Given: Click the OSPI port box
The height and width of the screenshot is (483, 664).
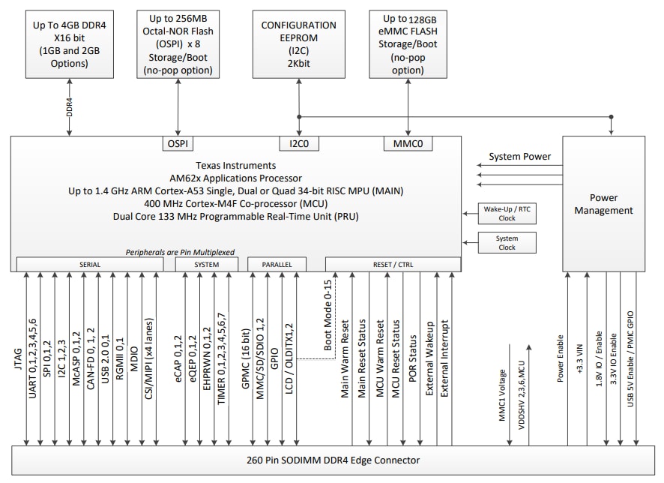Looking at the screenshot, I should pos(178,142).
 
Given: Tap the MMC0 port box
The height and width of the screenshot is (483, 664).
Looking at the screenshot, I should pos(407,142).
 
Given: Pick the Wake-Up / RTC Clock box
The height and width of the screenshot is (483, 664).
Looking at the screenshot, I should pos(507,212).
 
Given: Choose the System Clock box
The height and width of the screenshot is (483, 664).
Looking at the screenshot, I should pos(507,242).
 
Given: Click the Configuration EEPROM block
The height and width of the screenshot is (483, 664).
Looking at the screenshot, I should pos(298,44).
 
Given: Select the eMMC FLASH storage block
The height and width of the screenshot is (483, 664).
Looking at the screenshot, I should pos(407,44).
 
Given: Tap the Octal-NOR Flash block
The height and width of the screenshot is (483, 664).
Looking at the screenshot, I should pos(178,44).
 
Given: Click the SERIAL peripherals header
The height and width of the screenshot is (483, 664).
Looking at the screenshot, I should pos(90,265).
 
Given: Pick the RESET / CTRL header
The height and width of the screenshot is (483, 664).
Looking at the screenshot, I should pos(393,265).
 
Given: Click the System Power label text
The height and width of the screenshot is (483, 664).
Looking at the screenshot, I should pos(519,157).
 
